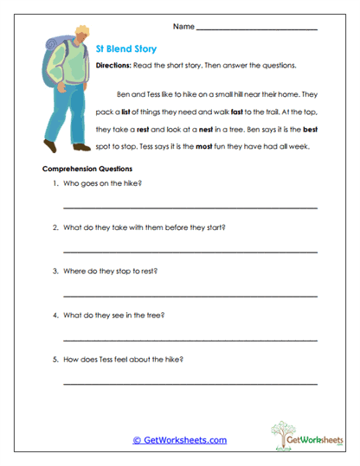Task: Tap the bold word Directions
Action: (112, 66)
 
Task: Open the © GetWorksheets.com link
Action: (179, 440)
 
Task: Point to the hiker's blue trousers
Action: (68, 112)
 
